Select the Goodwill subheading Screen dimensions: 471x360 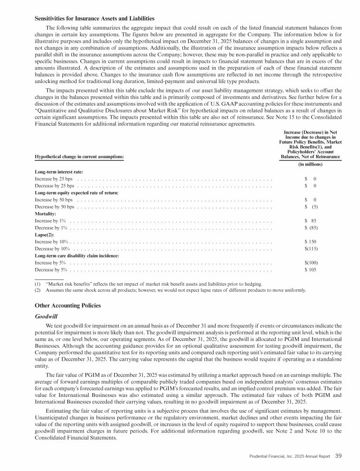pyautogui.click(x=46, y=317)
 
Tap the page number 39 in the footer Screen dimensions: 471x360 pyautogui.click(x=338, y=455)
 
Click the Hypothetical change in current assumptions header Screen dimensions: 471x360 pyautogui.click(x=79, y=156)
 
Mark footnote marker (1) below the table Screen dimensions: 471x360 pyautogui.click(x=37, y=284)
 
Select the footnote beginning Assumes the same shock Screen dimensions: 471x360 pyautogui.click(x=174, y=290)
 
